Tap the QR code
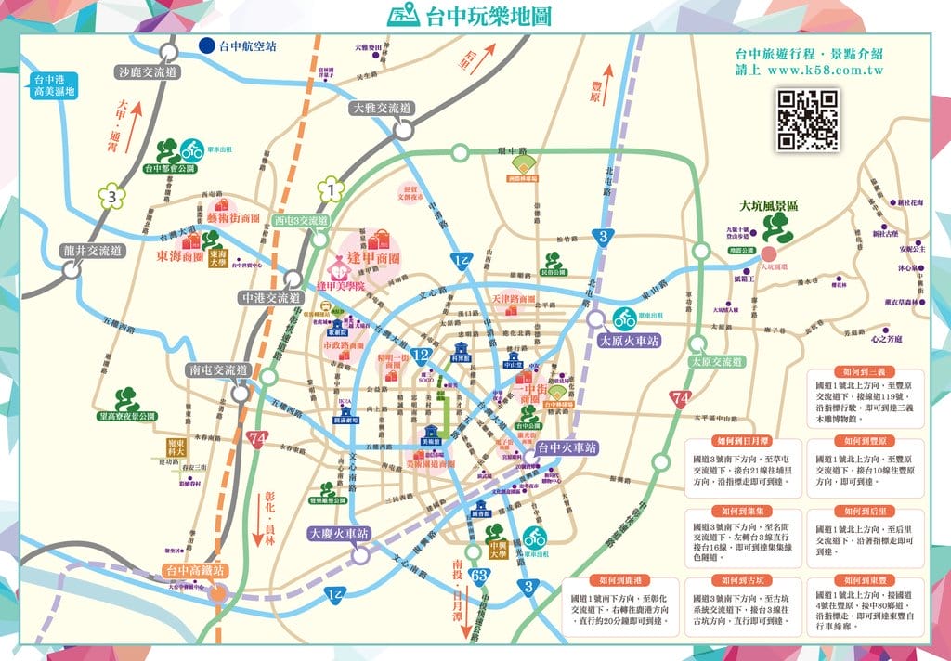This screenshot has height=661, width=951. [x=808, y=121]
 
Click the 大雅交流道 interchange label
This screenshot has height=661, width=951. [x=383, y=109]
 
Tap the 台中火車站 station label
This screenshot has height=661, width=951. [x=567, y=447]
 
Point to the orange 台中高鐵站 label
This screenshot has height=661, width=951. [x=194, y=571]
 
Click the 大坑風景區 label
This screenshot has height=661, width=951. [x=769, y=205]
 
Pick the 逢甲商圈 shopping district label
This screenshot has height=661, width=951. [x=372, y=258]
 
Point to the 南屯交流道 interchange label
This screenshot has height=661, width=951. [x=218, y=369]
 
